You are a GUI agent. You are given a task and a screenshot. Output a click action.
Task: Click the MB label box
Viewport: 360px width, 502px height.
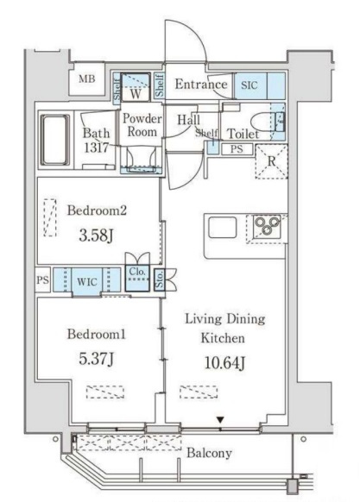(x=87, y=78)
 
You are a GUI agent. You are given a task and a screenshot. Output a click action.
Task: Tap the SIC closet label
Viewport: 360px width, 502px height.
(x=249, y=85)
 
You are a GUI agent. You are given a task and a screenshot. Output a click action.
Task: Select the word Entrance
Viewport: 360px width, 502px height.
(x=201, y=85)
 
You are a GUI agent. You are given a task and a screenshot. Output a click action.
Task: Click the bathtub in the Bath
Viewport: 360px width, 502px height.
(x=55, y=140)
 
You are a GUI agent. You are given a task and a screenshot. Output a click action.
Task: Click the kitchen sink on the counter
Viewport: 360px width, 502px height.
(x=223, y=228)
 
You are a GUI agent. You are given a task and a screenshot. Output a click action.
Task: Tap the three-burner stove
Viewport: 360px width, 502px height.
(x=267, y=227)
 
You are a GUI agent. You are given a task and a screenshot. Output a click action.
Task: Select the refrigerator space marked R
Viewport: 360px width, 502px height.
(x=271, y=161)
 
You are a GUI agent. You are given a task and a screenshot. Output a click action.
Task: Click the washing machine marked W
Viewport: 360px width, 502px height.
(x=136, y=86)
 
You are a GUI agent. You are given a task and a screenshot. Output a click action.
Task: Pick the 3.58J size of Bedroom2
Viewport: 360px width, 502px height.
(x=96, y=235)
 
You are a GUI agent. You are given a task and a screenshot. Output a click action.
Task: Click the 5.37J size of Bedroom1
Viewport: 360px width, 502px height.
(x=96, y=359)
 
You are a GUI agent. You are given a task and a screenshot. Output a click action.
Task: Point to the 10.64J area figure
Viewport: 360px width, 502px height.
(x=224, y=363)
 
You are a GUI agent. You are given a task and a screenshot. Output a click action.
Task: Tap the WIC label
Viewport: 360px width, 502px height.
(x=87, y=282)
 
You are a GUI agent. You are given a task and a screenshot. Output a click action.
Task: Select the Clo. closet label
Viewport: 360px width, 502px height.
(x=137, y=272)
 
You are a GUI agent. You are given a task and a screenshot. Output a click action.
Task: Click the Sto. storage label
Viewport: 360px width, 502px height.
(x=160, y=279)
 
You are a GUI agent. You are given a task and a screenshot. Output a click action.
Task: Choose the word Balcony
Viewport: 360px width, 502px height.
(x=209, y=454)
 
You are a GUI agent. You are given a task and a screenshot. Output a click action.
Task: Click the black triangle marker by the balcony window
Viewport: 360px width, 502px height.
(x=220, y=419)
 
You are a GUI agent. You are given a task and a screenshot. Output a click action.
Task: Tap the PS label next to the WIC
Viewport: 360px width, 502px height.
(x=42, y=280)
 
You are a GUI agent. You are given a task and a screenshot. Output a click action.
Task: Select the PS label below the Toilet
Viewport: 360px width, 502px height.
(x=237, y=149)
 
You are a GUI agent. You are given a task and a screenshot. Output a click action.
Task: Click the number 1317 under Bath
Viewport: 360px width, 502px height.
(x=96, y=147)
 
